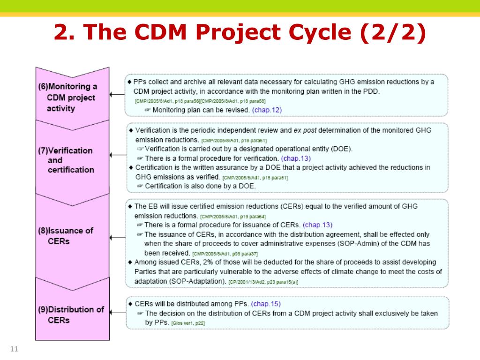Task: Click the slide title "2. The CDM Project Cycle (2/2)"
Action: tap(240, 33)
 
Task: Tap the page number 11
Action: tap(14, 349)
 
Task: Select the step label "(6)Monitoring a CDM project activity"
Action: tap(67, 97)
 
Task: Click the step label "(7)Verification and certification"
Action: tap(66, 160)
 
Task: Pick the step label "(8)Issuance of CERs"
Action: tap(66, 236)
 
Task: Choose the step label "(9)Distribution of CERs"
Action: tap(71, 315)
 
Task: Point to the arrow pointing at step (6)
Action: tap(117, 95)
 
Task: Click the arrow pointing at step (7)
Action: tap(117, 158)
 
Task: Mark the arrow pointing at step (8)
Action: tap(117, 238)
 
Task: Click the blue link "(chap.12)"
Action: tap(267, 110)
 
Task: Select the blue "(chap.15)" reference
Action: tap(266, 304)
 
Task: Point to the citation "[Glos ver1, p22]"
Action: tap(188, 323)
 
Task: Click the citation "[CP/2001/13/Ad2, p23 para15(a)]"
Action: tap(263, 282)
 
